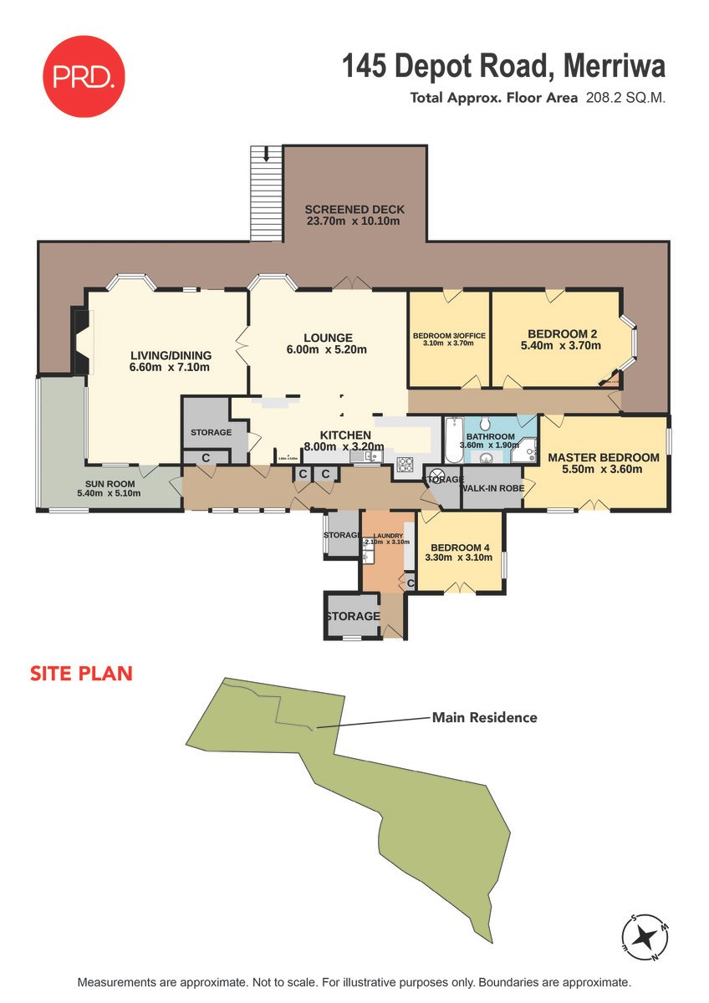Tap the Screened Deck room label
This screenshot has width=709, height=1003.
tap(354, 209)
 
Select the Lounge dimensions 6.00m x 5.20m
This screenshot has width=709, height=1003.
tap(328, 349)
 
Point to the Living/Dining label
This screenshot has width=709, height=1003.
tap(171, 354)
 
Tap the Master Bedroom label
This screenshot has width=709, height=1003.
tap(603, 457)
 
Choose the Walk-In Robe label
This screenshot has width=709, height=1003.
tap(492, 488)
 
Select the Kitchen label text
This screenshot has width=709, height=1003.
tap(345, 435)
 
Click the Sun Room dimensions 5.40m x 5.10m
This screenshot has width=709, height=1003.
tap(109, 493)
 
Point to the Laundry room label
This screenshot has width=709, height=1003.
tap(388, 535)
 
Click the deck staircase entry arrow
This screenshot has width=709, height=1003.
tap(266, 153)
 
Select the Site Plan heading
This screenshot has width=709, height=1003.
tap(81, 673)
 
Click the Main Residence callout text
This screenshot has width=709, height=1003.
tap(484, 717)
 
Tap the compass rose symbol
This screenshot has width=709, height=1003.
tap(645, 937)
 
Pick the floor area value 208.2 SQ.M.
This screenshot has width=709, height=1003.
tap(629, 98)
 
